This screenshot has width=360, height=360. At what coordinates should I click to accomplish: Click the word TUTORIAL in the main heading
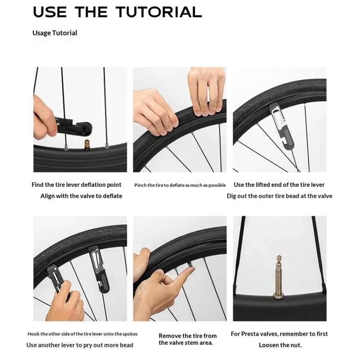[159, 12]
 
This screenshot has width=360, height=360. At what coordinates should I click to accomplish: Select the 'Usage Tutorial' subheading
[54, 33]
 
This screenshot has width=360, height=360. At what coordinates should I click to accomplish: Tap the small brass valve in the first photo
[87, 145]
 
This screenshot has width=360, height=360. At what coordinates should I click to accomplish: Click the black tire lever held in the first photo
[74, 126]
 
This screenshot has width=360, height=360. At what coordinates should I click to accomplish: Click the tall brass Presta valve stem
[279, 277]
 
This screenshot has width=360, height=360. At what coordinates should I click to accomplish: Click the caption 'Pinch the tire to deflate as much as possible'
[180, 185]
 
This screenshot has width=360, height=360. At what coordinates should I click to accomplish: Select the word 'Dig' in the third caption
[231, 196]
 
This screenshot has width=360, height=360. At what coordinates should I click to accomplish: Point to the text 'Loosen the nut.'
[280, 345]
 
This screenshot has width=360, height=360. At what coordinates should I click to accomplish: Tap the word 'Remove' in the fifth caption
[170, 336]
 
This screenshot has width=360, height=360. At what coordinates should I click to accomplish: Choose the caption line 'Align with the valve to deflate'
[81, 196]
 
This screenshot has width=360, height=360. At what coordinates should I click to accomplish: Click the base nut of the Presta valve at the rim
[279, 296]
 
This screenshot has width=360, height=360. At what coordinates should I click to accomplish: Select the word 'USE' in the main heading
[50, 12]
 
